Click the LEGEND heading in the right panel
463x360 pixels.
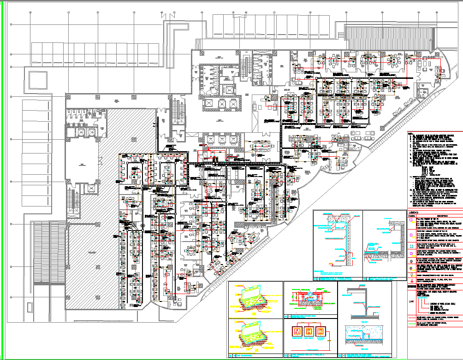click(x=413, y=212)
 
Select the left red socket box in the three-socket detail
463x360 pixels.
click(x=296, y=330)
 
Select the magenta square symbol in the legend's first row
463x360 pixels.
click(x=411, y=221)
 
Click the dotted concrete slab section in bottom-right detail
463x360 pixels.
click(x=364, y=335)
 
